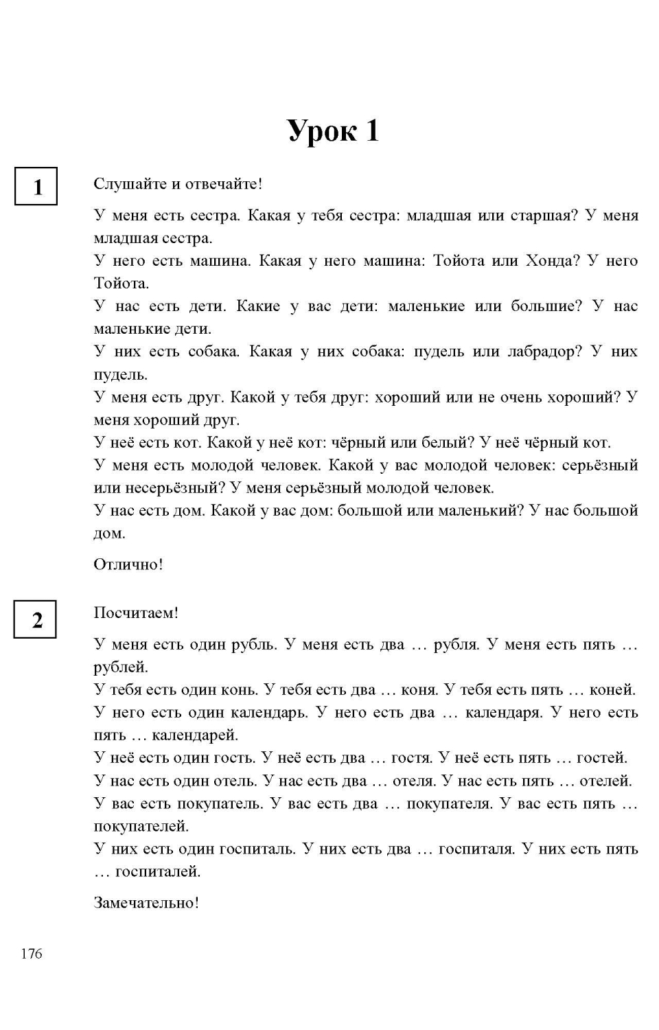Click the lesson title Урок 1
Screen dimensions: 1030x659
tap(333, 130)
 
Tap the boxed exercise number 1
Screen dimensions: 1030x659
tap(36, 186)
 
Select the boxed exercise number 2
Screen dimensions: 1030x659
tap(36, 619)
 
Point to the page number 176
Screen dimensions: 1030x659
tap(31, 953)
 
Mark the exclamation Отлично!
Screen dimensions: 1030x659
tap(128, 564)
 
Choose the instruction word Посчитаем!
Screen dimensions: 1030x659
tap(136, 613)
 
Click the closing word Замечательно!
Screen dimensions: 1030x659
tap(146, 903)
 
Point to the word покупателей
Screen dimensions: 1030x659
tap(141, 826)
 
